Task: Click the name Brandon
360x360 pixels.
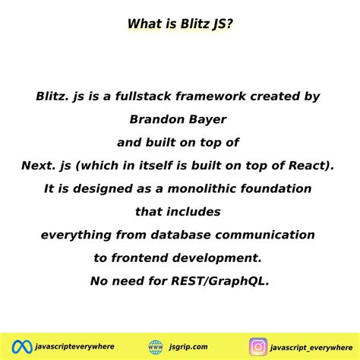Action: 156,119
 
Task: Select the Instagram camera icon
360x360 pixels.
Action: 258,346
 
